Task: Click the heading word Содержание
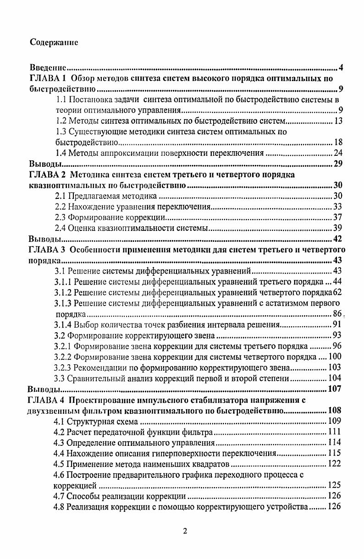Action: click(x=54, y=42)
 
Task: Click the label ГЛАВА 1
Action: click(x=48, y=78)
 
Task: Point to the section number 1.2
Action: click(x=61, y=121)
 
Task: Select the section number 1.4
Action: click(x=61, y=153)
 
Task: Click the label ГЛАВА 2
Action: click(x=48, y=175)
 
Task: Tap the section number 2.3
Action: click(x=61, y=217)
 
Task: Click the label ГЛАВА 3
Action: click(x=48, y=249)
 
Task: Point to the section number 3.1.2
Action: click(x=63, y=292)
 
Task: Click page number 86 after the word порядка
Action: click(x=337, y=314)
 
